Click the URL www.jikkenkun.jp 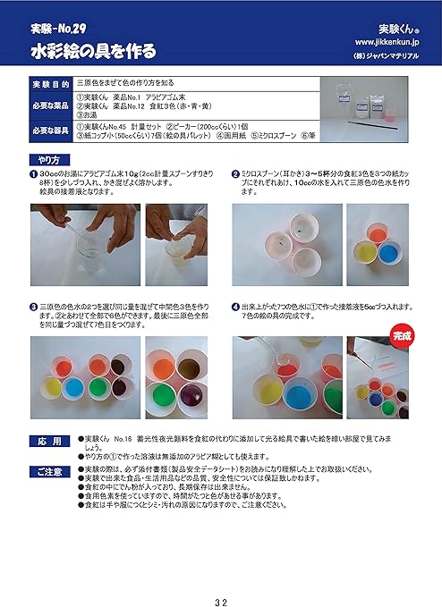tap(391, 42)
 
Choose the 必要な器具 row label tap(50, 131)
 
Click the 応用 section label tap(50, 441)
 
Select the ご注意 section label tap(50, 469)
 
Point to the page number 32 tap(220, 576)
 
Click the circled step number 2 tap(235, 173)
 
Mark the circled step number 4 tap(235, 305)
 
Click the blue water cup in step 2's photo tap(387, 252)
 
